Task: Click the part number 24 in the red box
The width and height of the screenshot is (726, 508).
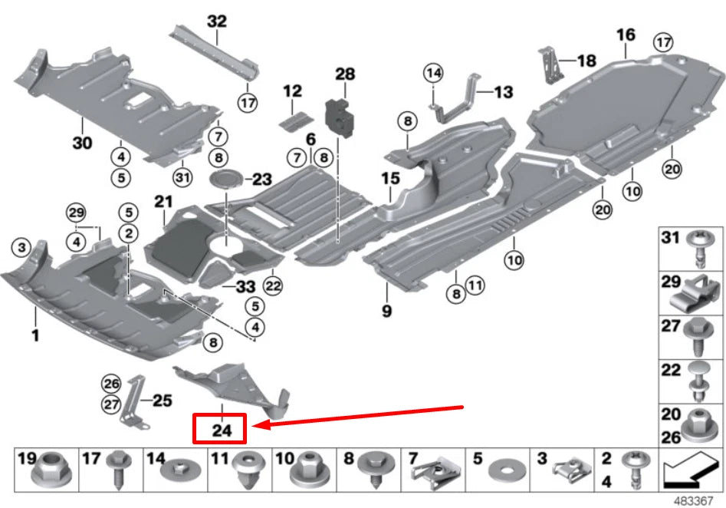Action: (221, 430)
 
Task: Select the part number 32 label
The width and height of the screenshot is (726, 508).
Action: (217, 21)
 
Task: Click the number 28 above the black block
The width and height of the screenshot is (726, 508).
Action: (345, 74)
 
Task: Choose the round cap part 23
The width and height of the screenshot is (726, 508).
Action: (227, 180)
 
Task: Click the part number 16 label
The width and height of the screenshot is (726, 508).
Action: (626, 35)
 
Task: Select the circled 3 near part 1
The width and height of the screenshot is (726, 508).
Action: (21, 246)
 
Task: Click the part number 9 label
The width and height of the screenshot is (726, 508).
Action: (386, 311)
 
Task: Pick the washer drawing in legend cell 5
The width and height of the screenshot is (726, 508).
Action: (504, 467)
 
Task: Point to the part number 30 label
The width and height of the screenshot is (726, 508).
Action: (82, 143)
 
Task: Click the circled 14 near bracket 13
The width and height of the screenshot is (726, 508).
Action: (434, 73)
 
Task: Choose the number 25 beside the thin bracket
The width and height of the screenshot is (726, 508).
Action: (163, 400)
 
